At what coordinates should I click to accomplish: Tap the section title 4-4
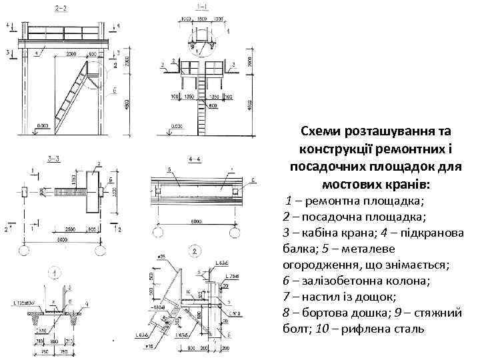click(x=195, y=159)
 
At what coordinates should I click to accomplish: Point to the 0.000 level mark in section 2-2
click(x=43, y=125)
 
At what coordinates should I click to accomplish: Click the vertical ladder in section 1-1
click(x=201, y=100)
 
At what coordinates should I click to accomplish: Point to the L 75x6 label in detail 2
click(x=232, y=275)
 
